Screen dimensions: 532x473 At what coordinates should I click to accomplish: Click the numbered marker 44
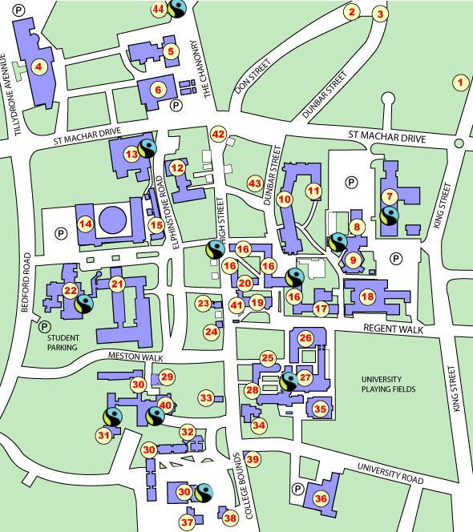coord(159,10)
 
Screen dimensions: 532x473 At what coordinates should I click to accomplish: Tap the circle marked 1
coord(459,81)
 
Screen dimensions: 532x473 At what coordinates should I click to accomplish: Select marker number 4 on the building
coord(38,67)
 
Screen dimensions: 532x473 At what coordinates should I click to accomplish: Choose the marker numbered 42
coord(218,134)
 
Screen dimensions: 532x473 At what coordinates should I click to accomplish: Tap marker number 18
coord(367,297)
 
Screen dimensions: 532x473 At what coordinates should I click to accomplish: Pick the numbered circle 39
coord(253,459)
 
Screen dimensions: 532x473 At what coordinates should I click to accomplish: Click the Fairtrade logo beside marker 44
coord(176,10)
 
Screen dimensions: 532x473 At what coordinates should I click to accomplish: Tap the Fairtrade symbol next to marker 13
coord(148,148)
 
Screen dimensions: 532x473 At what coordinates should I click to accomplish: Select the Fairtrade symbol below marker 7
coord(390,215)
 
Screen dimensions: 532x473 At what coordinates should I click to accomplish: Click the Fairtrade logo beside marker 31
coord(111,417)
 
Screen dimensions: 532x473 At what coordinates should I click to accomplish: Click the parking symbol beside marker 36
coord(298,489)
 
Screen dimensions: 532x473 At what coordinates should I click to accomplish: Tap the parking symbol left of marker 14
coord(59,233)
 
